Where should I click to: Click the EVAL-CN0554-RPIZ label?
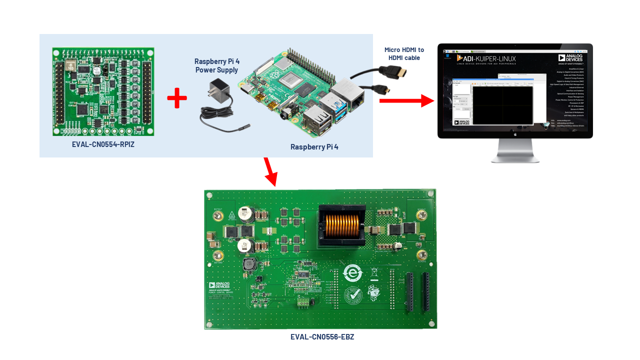[103, 144]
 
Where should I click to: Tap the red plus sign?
[177, 98]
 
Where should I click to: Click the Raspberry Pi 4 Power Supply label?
[217, 65]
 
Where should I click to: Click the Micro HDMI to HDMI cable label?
[404, 54]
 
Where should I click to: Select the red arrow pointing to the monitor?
[405, 100]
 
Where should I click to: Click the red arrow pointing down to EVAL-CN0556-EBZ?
[270, 171]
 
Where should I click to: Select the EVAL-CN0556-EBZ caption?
[322, 337]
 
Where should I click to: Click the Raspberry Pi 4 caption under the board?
[314, 147]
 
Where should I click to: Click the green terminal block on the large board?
[302, 302]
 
